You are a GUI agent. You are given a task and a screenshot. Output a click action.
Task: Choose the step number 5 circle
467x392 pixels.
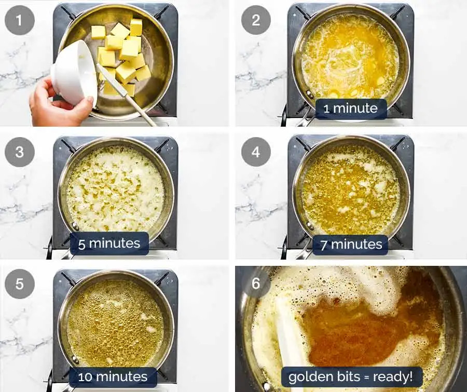[20, 285]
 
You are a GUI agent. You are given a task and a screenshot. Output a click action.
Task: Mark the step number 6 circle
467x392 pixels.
[256, 285]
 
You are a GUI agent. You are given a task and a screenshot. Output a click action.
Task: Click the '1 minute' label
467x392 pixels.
[351, 109]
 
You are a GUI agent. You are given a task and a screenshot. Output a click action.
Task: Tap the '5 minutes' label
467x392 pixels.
[109, 243]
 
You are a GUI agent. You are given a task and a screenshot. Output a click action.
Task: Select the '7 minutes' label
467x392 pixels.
[351, 244]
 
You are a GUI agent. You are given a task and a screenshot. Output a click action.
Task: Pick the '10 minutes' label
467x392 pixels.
[113, 376]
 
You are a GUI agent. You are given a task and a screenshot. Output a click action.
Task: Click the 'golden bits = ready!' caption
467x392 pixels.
[351, 376]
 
